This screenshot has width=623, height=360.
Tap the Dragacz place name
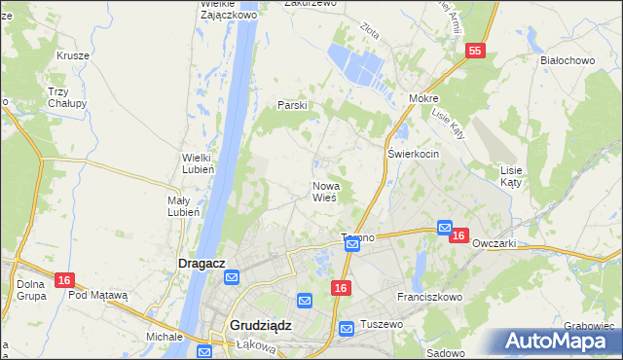pos(202,263)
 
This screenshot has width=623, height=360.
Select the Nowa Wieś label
pos(324,191)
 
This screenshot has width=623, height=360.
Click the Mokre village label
pos(424,99)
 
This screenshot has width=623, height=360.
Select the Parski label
pos(292,104)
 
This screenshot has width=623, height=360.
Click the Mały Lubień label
pos(183,205)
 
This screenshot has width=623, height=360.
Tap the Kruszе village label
pos(73,55)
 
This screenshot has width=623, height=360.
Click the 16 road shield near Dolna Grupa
pos(63,280)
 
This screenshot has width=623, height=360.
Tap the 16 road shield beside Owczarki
pos(460,235)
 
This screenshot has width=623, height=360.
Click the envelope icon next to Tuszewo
pos(347,330)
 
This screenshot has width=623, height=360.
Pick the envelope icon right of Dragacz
pos(232,278)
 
